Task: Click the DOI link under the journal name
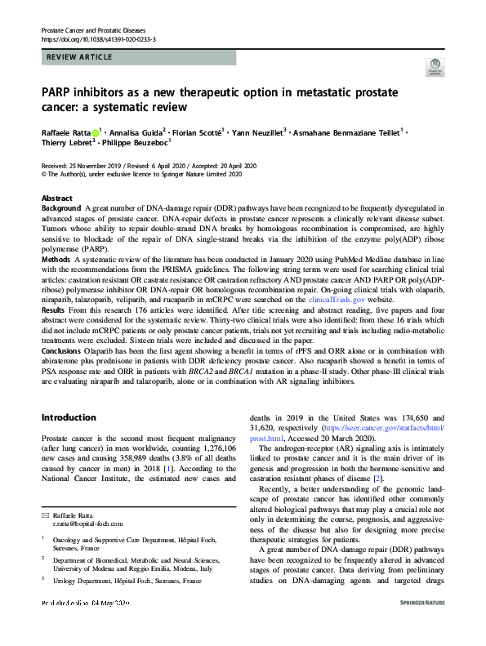click(x=99, y=38)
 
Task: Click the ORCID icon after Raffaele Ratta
click(x=95, y=131)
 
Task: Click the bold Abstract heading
click(x=57, y=198)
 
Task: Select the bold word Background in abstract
click(x=61, y=209)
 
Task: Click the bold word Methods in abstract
click(x=56, y=259)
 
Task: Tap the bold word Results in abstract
click(x=54, y=311)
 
